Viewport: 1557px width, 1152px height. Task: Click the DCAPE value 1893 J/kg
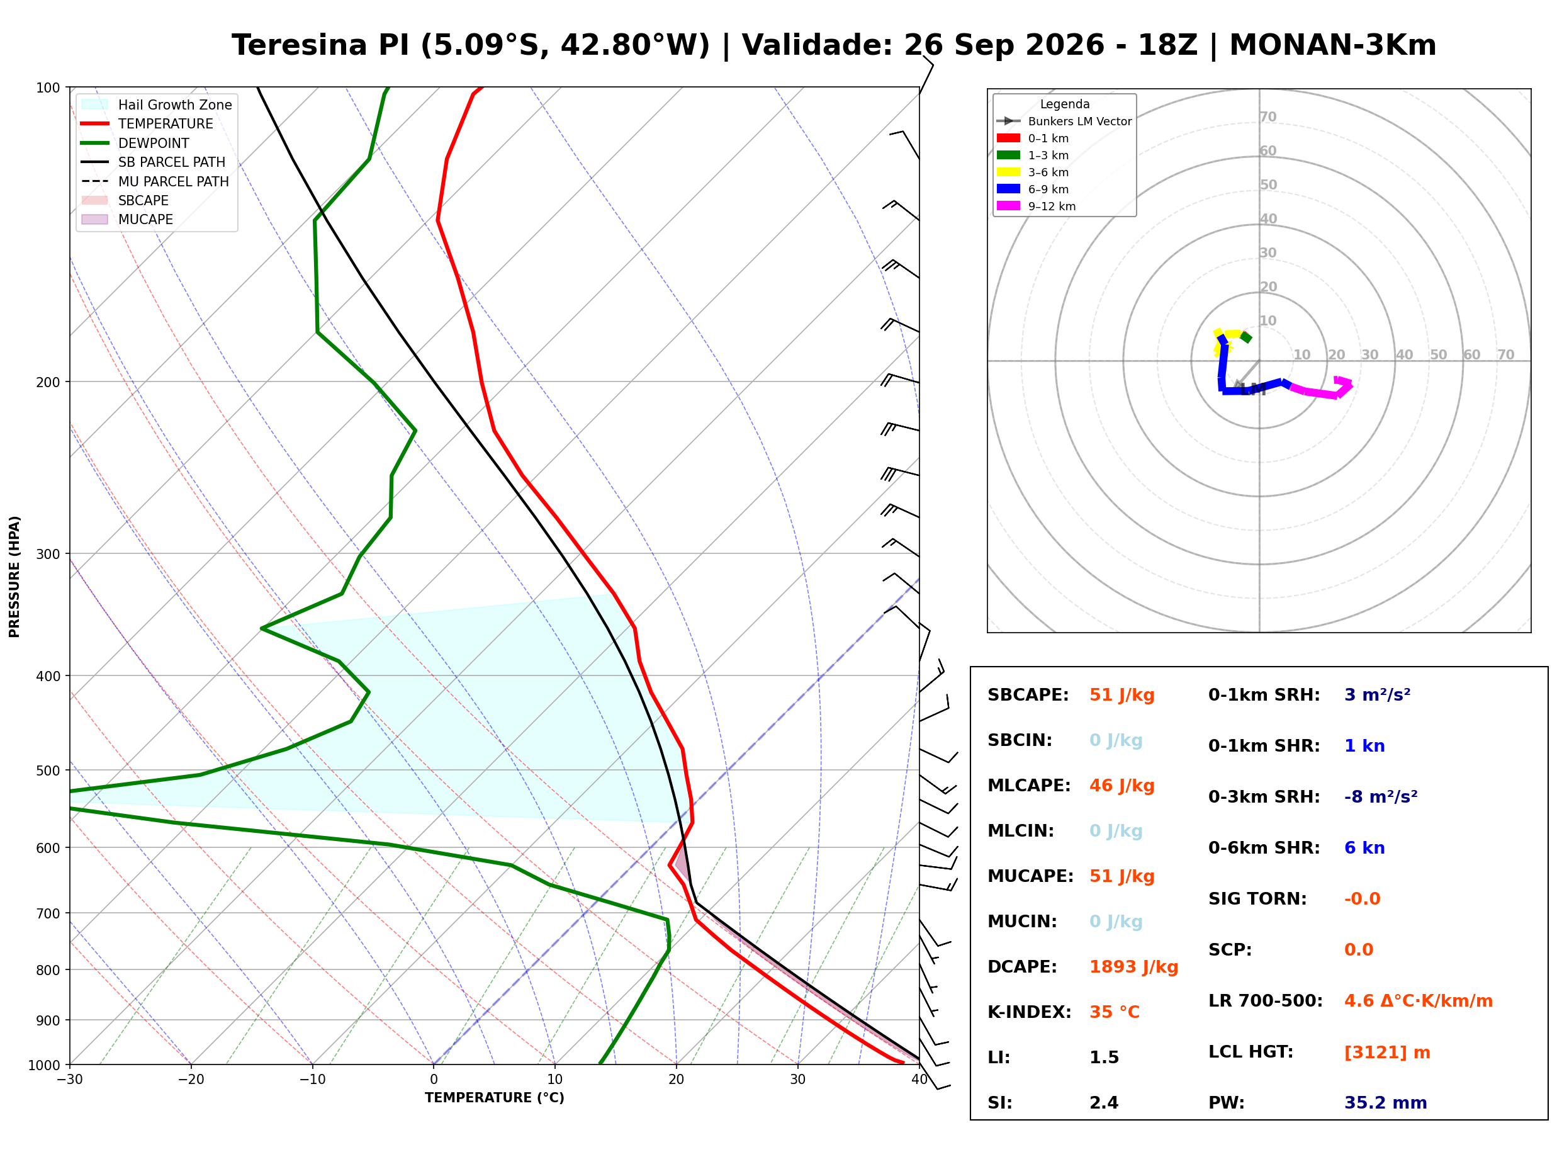pyautogui.click(x=1133, y=966)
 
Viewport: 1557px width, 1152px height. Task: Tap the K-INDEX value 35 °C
pyautogui.click(x=1115, y=1012)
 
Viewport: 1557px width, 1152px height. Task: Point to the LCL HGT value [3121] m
pyautogui.click(x=1387, y=1053)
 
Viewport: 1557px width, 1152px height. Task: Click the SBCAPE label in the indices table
pyautogui.click(x=1028, y=695)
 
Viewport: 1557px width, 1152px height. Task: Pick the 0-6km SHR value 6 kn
pyautogui.click(x=1364, y=848)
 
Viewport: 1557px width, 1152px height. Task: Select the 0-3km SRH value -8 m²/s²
pyautogui.click(x=1381, y=796)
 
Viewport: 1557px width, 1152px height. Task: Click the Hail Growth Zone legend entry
pyautogui.click(x=157, y=104)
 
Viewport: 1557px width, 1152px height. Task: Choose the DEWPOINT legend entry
pyautogui.click(x=135, y=143)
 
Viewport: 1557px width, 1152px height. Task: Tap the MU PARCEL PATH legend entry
pyautogui.click(x=155, y=181)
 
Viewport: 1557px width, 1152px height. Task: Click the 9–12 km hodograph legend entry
pyautogui.click(x=1037, y=206)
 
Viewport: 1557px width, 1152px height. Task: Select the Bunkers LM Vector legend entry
pyautogui.click(x=1064, y=121)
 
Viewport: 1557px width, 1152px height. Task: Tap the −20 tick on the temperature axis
pyautogui.click(x=191, y=1080)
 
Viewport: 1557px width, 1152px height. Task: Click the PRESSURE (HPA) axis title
pyautogui.click(x=14, y=577)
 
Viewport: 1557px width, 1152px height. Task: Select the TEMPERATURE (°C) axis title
pyautogui.click(x=495, y=1098)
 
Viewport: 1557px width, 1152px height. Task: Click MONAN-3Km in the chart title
pyautogui.click(x=1332, y=45)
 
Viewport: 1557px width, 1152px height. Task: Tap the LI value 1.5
pyautogui.click(x=1104, y=1057)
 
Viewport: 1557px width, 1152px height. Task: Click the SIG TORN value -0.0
pyautogui.click(x=1362, y=899)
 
